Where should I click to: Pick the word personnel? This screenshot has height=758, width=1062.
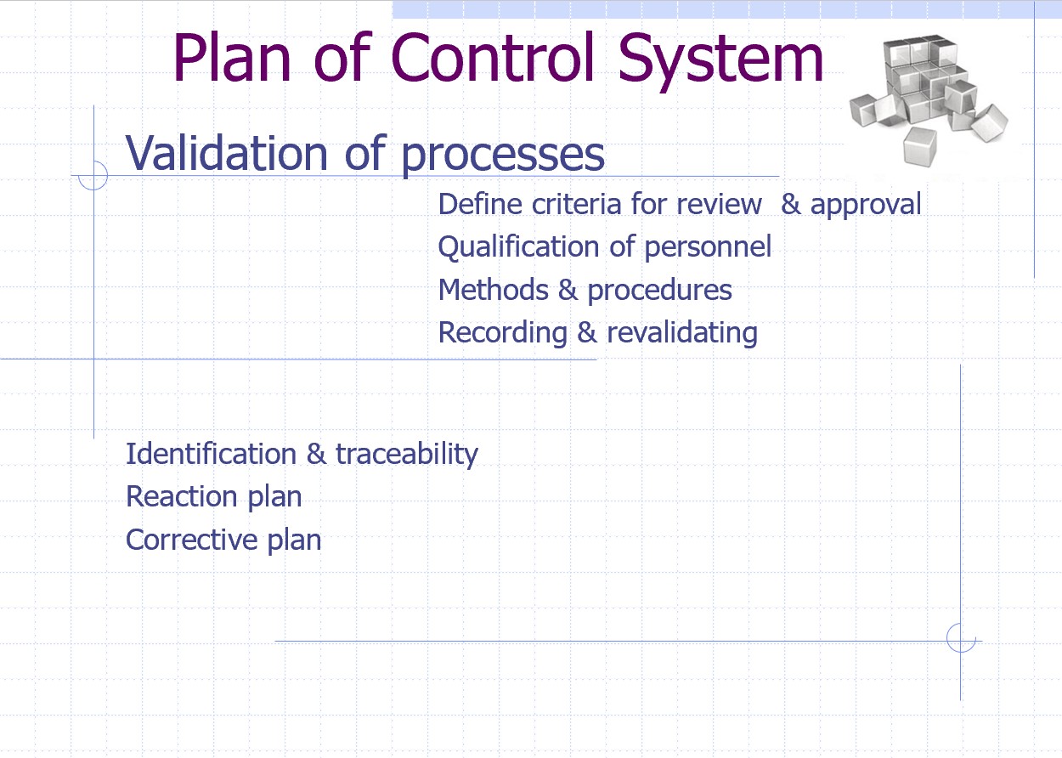pyautogui.click(x=708, y=248)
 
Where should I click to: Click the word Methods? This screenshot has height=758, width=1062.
pyautogui.click(x=493, y=291)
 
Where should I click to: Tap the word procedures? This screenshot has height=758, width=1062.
pyautogui.click(x=659, y=291)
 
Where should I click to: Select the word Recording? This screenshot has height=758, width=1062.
pyautogui.click(x=502, y=333)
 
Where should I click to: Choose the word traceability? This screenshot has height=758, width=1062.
pyautogui.click(x=406, y=455)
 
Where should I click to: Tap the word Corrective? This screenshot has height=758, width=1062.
pyautogui.click(x=191, y=540)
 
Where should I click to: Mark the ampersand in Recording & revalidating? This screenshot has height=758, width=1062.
pyautogui.click(x=587, y=333)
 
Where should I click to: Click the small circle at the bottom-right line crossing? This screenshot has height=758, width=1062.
pyautogui.click(x=960, y=638)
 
